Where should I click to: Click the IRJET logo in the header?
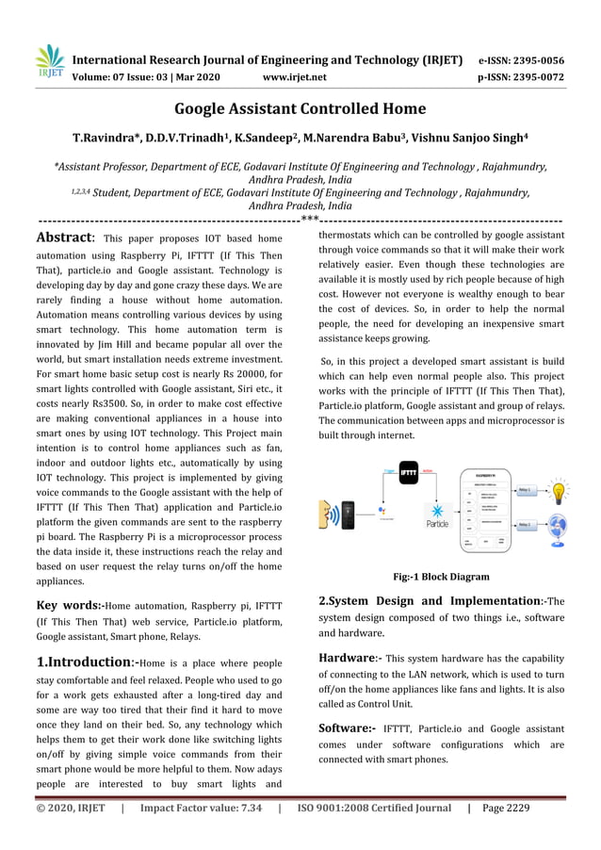pos(46,62)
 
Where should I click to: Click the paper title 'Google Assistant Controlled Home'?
pos(300,108)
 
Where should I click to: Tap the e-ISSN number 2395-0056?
pos(541,59)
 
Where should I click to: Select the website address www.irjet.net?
pos(295,77)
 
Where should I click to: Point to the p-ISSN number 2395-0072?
pos(541,77)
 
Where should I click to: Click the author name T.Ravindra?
pos(102,139)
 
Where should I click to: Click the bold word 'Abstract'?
pos(64,237)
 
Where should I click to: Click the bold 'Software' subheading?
pos(347,727)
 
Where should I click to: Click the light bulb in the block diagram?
pos(559,492)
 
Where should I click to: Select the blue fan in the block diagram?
pos(557,527)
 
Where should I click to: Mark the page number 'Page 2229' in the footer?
pos(507,808)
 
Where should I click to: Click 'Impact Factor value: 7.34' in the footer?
pos(201,808)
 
